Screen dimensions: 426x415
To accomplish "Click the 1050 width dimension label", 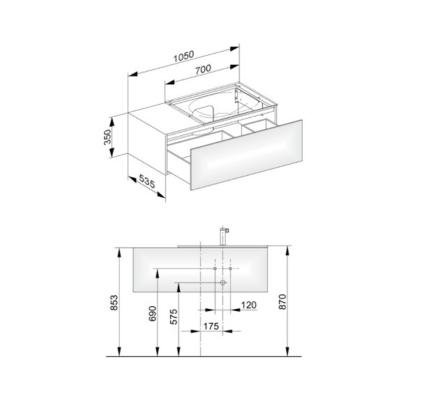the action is point(184,56).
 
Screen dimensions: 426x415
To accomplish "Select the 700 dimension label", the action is point(203,69).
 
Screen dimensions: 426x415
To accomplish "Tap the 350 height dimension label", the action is point(107,137).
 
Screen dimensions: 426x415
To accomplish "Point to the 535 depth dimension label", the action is point(146,181).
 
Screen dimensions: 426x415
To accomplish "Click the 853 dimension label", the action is point(114,302).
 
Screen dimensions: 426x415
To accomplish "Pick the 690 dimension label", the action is point(153,313).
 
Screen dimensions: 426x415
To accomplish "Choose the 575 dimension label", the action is point(174,317).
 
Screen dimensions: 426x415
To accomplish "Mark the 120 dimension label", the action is point(249,305).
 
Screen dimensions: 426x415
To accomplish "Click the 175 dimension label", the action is point(211,326).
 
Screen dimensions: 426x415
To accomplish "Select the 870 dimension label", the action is point(282,302).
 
